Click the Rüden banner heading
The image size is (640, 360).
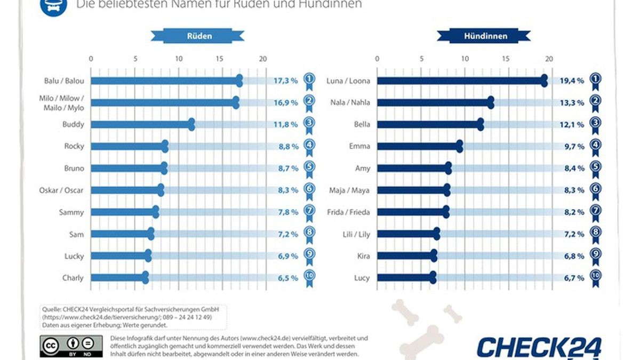(x=199, y=36)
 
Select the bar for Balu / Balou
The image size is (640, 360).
(x=165, y=81)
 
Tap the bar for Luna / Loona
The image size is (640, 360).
(x=460, y=81)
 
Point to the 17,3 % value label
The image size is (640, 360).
(x=286, y=81)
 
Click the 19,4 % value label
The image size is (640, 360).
(x=572, y=81)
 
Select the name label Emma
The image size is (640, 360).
(x=359, y=147)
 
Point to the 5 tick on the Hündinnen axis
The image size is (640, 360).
(x=421, y=59)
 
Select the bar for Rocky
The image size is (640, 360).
(x=128, y=147)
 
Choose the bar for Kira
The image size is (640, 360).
(x=405, y=256)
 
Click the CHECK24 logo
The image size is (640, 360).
(x=539, y=347)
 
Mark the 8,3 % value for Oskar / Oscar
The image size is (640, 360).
(x=286, y=190)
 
